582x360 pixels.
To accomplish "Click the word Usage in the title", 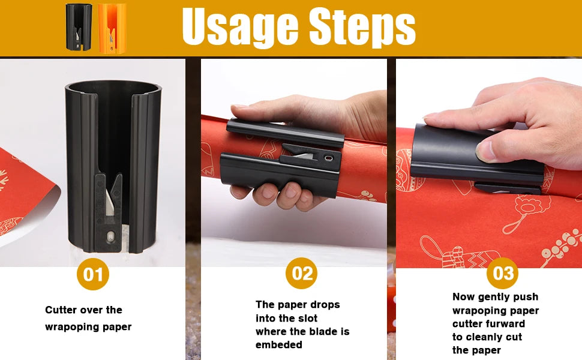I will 240,27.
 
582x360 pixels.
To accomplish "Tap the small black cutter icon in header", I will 79,27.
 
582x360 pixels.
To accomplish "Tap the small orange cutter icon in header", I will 112,27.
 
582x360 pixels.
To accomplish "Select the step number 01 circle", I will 93,275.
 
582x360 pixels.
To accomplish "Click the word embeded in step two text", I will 278,344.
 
